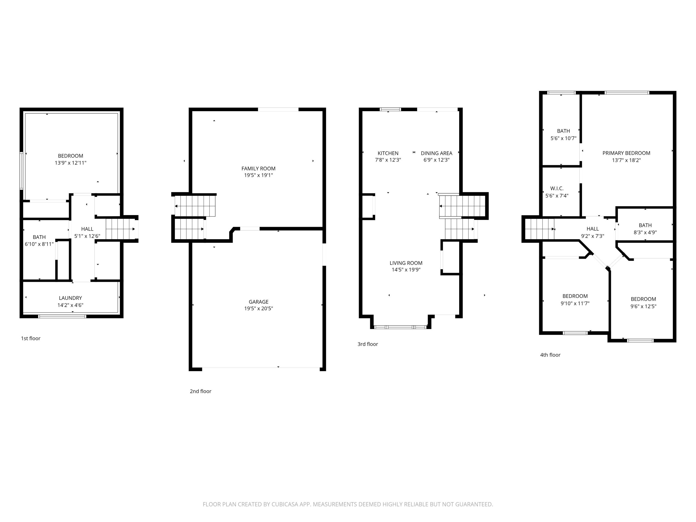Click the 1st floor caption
coord(30,338)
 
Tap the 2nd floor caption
coord(200,391)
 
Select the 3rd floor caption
coord(368,344)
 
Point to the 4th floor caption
coord(550,355)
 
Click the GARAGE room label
coord(259,302)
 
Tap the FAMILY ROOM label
coord(258,168)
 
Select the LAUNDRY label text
coord(70,298)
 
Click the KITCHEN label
coord(388,153)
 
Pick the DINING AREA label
coord(436,153)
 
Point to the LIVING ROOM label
coord(406,263)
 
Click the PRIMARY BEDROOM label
coord(626,153)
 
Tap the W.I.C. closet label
coord(557,188)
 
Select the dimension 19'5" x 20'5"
coord(259,308)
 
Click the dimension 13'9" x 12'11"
coord(70,163)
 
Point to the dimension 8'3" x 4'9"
coord(645,232)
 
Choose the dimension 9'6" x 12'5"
coord(643,306)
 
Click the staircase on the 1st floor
coord(120,229)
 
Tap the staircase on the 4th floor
coord(540,229)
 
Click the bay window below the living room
coord(400,327)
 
